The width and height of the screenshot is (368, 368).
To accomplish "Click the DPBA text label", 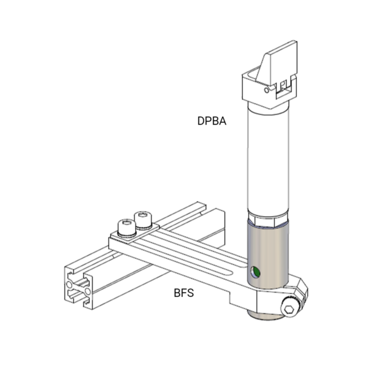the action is coord(212,121).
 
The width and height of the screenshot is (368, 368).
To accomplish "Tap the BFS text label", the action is coord(184,293).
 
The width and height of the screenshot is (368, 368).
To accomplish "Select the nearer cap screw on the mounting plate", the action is coord(127,228).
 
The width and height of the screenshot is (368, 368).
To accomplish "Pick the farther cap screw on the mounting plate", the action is coord(143,220).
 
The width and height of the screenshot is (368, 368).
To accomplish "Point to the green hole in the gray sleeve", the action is coord(255,272).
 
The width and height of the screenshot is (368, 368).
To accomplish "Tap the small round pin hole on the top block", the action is coord(267,90).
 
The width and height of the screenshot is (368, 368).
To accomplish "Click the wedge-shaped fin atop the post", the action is coord(277,63).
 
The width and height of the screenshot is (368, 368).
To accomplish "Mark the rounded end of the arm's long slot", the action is coord(231,272).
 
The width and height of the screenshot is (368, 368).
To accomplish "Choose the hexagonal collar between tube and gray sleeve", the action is coord(268,219).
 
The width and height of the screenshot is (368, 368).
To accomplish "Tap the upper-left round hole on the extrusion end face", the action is coord(69,285).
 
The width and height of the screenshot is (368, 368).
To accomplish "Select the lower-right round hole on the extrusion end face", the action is coord(87,291).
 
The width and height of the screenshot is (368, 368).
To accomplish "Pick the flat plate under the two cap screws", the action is coord(135,232).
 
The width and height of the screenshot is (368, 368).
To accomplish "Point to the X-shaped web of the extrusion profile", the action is coord(78,288).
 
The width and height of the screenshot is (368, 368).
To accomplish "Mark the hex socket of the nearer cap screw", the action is coord(127,223).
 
